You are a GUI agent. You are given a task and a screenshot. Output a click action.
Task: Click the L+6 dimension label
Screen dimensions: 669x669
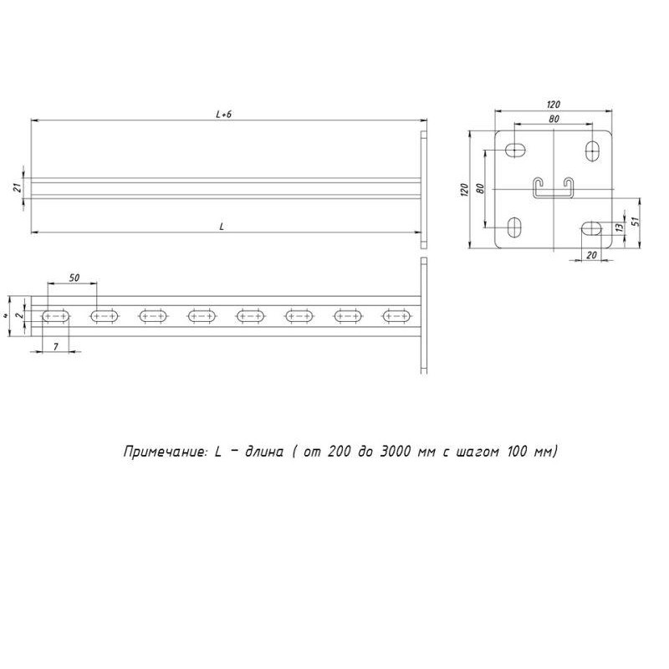[223, 115]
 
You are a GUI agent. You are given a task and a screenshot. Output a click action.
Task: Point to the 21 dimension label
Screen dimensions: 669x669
[18, 187]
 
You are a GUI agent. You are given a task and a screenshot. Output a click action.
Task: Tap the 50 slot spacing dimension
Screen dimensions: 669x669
[74, 278]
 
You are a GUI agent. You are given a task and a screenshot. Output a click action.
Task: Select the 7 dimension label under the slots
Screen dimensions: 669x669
[56, 347]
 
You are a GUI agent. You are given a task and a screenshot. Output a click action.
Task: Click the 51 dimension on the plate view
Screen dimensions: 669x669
[635, 221]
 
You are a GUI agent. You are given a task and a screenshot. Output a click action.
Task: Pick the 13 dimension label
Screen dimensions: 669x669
[620, 227]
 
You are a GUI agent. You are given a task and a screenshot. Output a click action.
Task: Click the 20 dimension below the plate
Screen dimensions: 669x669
[591, 255]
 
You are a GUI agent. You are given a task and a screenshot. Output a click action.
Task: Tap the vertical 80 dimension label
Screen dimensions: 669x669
[480, 189]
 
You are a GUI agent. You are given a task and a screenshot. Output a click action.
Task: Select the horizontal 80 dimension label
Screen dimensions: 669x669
[554, 119]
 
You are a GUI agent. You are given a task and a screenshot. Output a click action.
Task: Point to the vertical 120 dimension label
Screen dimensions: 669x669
[465, 190]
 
